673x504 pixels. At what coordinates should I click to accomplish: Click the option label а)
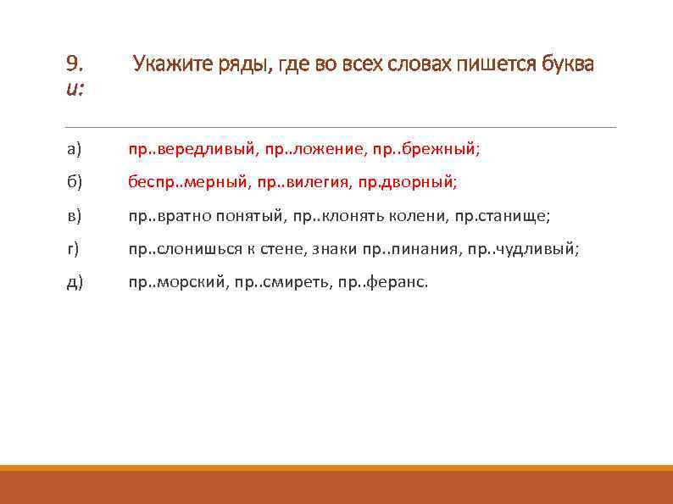(74, 149)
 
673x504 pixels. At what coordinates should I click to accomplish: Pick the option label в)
(74, 216)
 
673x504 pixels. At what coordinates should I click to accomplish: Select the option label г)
(73, 249)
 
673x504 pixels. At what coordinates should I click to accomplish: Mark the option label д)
(74, 282)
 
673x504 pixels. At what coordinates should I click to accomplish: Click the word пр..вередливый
(192, 149)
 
